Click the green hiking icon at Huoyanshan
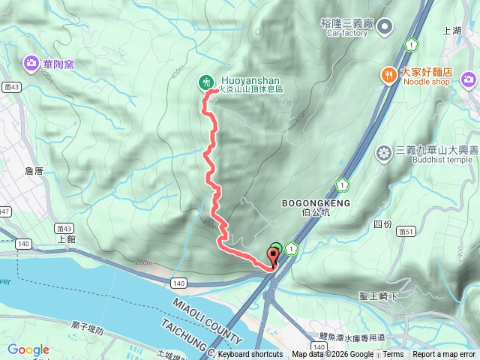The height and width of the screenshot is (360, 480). click(x=205, y=82)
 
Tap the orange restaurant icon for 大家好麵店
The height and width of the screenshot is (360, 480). click(x=388, y=73)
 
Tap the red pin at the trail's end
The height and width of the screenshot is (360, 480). click(x=272, y=258)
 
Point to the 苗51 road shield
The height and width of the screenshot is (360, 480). click(x=408, y=231)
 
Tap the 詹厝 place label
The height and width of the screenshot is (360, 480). click(x=34, y=171)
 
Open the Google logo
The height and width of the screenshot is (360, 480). click(x=28, y=349)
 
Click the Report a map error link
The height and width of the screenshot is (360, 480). click(x=444, y=355)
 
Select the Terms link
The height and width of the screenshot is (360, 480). click(x=393, y=355)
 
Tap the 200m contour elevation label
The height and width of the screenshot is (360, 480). click(x=144, y=262)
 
